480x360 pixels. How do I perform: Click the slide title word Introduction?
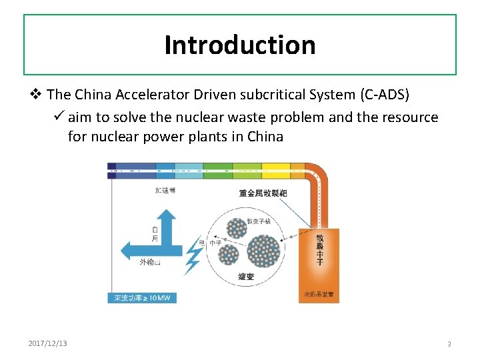point(240,45)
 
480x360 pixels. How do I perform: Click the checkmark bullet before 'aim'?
point(58,117)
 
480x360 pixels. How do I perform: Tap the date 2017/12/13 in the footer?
point(47,343)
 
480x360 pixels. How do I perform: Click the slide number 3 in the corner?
point(449,344)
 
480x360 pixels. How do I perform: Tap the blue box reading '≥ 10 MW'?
point(142,297)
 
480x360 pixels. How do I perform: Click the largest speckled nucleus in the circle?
point(263,250)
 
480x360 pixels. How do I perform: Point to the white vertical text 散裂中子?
point(319,251)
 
